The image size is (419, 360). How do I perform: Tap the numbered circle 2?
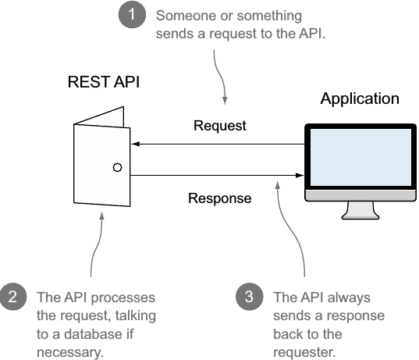click(x=13, y=298)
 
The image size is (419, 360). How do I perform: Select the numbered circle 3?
click(x=249, y=298)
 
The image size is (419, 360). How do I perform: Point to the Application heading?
click(x=360, y=99)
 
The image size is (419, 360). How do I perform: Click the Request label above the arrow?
click(x=219, y=126)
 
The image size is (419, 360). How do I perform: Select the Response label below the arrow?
click(x=219, y=198)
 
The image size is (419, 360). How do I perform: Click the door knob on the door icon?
click(x=117, y=166)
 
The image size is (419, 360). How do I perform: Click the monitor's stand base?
click(x=360, y=216)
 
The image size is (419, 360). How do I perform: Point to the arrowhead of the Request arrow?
click(x=134, y=144)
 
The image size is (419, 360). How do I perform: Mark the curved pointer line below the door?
click(x=94, y=250)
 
